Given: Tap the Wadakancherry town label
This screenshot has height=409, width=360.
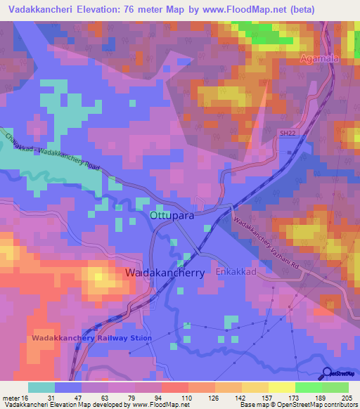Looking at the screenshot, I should click(x=165, y=272).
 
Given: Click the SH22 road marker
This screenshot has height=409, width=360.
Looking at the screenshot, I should click(x=283, y=142).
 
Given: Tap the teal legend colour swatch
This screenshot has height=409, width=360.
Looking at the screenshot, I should click(x=41, y=387).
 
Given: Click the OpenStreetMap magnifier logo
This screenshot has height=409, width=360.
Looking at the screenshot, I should click(x=328, y=372).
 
